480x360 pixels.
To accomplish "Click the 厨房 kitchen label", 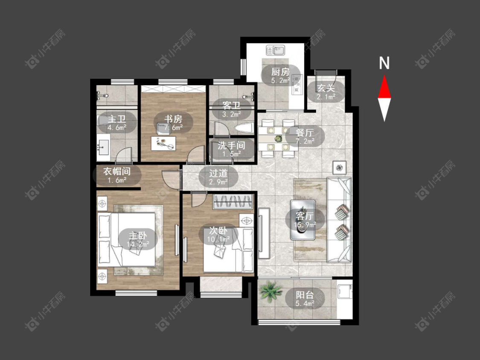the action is pyautogui.click(x=280, y=72).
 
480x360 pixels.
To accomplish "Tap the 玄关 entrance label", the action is pyautogui.click(x=326, y=88).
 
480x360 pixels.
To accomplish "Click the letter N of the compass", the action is pyautogui.click(x=384, y=63).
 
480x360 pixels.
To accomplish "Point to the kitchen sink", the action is pyautogui.click(x=276, y=50).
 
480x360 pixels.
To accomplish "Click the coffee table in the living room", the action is pyautogui.click(x=303, y=220).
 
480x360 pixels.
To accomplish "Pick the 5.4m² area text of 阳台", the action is pyautogui.click(x=305, y=303).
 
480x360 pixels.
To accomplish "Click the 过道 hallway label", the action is pyautogui.click(x=218, y=173).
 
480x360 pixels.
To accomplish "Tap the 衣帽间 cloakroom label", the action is pyautogui.click(x=117, y=171).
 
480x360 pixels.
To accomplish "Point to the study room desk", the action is pyautogui.click(x=163, y=143).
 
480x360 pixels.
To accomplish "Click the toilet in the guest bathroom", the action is pyautogui.click(x=242, y=128).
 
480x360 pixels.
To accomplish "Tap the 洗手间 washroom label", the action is pyautogui.click(x=232, y=145).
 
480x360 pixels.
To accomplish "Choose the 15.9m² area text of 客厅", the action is pyautogui.click(x=305, y=225).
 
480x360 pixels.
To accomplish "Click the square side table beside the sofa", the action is pyautogui.click(x=340, y=168).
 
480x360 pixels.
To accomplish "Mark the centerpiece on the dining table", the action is pyautogui.click(x=278, y=139).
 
